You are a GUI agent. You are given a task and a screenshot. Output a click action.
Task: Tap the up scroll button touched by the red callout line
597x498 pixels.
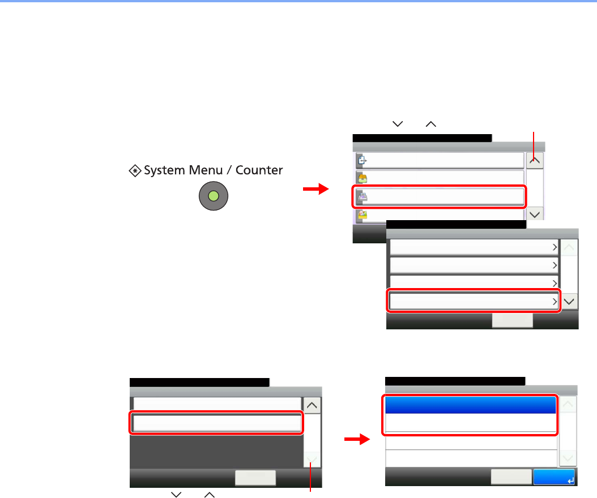pos(535,160)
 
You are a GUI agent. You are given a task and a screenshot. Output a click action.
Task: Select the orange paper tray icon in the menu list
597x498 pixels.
pos(361,178)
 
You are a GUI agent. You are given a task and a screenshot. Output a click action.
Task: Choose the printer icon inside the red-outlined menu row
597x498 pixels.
pos(361,196)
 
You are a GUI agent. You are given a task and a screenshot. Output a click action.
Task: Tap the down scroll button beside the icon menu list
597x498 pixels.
pos(535,213)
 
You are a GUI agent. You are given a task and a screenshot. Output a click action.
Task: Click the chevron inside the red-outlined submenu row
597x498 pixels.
pos(554,302)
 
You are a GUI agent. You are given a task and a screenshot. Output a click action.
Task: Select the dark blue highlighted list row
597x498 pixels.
pos(470,405)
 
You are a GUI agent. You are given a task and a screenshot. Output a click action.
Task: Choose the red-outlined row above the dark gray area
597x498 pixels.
pos(217,423)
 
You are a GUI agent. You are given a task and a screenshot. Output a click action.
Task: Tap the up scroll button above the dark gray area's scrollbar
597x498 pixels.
pos(312,405)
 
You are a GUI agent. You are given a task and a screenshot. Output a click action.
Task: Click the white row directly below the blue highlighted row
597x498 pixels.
pos(470,424)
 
